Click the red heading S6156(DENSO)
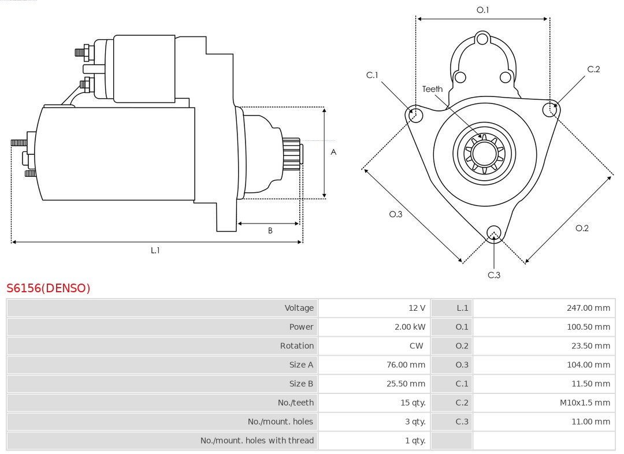49,288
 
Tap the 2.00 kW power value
410,327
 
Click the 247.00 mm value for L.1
588,308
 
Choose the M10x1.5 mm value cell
584,403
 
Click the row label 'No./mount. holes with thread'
257,441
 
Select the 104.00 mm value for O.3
588,364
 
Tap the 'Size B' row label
301,384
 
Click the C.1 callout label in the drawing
372,75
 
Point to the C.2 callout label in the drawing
593,69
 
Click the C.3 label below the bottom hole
494,275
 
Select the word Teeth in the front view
432,89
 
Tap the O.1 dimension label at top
482,10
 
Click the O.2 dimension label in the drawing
582,228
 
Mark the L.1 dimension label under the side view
155,250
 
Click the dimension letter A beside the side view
333,152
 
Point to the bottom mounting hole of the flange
493,233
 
